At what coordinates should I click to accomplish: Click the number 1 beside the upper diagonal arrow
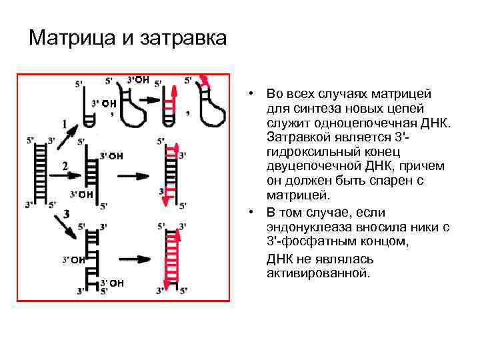tap(65, 124)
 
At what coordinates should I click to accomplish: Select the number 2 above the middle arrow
tap(65, 165)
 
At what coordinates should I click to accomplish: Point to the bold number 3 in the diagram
tap(67, 214)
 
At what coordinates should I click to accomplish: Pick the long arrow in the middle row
tap(133, 176)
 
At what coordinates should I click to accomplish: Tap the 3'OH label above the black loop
tap(138, 80)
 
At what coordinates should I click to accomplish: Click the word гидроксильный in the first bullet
tap(310, 153)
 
